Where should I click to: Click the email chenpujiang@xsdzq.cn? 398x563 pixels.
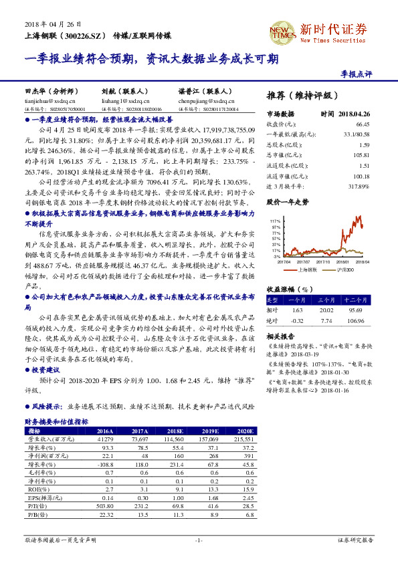pos(203,99)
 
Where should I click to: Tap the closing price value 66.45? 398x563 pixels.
pos(363,124)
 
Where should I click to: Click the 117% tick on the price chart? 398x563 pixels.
pos(275,220)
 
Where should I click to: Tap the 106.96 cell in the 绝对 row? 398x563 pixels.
pos(359,320)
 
